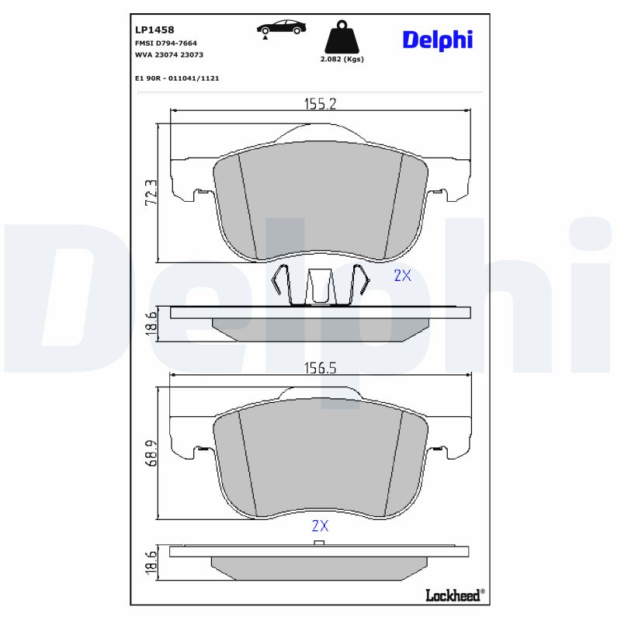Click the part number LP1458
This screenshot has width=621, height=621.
click(x=154, y=30)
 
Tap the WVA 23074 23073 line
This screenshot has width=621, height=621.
click(x=169, y=55)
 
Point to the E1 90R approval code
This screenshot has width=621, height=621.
click(x=177, y=78)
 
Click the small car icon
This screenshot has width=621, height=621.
click(x=281, y=28)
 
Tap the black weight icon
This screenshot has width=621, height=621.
click(x=342, y=36)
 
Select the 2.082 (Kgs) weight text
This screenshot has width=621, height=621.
click(x=342, y=59)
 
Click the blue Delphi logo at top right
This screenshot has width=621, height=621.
click(x=437, y=40)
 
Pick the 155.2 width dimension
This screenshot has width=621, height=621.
click(x=318, y=103)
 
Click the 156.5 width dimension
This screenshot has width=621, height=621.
click(x=318, y=369)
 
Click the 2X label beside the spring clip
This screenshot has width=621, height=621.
click(x=402, y=275)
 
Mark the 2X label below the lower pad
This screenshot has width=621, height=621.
click(x=320, y=526)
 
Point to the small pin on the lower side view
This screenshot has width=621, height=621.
click(x=318, y=543)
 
